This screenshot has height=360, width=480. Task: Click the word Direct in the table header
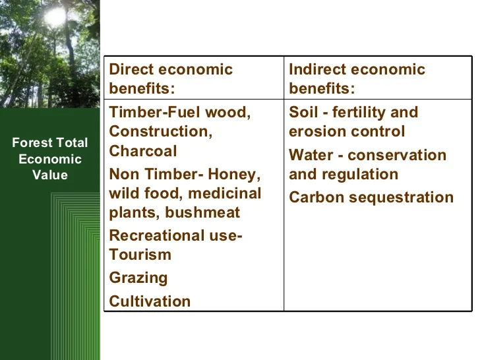[x=131, y=69]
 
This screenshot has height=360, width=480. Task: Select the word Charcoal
[x=143, y=151]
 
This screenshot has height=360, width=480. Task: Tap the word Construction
[x=161, y=131]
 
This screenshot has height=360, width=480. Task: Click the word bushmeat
[x=202, y=212]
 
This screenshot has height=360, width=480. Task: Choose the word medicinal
[x=225, y=193]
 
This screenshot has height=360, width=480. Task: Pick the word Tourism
[x=140, y=255]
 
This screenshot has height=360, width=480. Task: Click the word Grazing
[x=138, y=278]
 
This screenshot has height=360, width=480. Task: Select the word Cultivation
[x=150, y=301]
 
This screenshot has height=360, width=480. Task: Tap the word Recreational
[x=157, y=236]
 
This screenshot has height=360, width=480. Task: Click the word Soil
[x=303, y=112]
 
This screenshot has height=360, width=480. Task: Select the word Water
[x=311, y=155]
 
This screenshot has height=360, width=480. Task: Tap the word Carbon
[x=316, y=197]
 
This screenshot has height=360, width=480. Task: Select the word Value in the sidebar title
[x=50, y=175]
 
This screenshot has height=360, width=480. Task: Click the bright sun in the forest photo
[x=55, y=17]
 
